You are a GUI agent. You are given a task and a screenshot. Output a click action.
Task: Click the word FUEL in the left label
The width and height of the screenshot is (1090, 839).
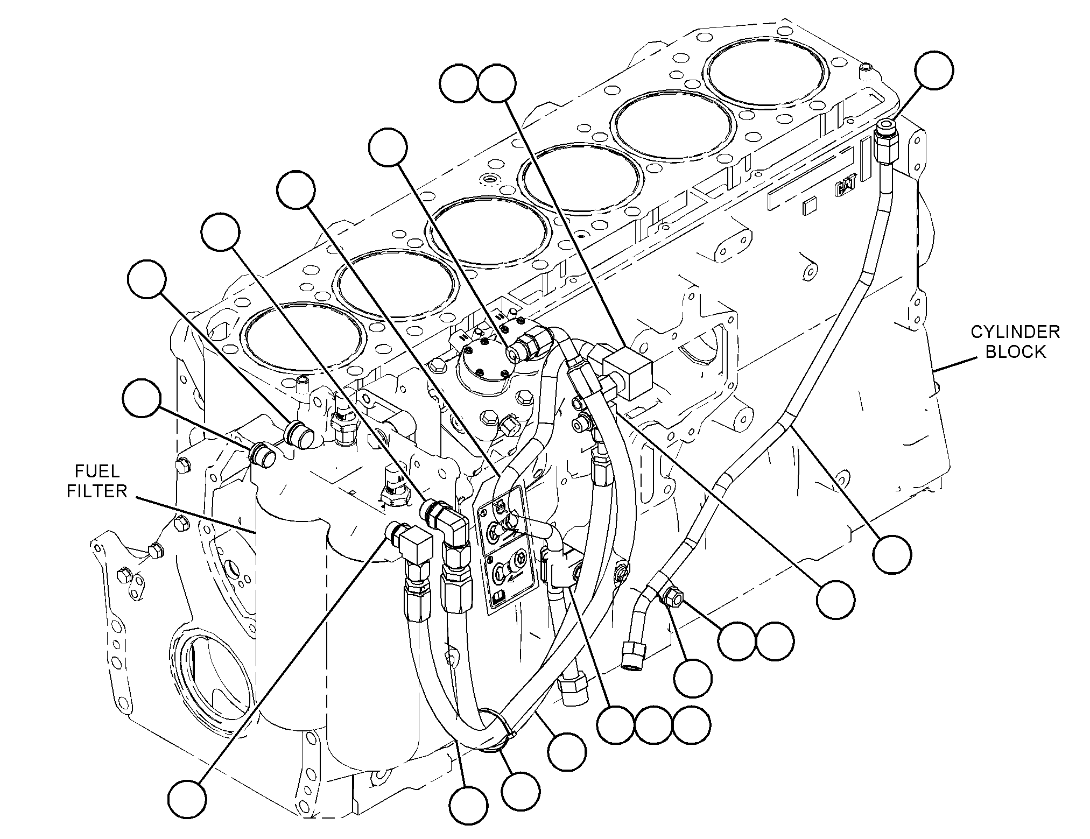pos(97,472)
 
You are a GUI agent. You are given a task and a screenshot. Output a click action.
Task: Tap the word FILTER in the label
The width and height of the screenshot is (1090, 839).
pos(97,491)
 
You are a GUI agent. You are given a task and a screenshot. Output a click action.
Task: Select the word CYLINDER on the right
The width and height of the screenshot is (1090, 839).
pos(1015,332)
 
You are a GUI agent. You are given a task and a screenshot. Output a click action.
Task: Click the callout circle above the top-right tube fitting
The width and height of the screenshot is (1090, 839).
pos(934,70)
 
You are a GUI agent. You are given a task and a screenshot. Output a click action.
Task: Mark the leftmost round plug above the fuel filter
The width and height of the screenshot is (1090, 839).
pos(262,454)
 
